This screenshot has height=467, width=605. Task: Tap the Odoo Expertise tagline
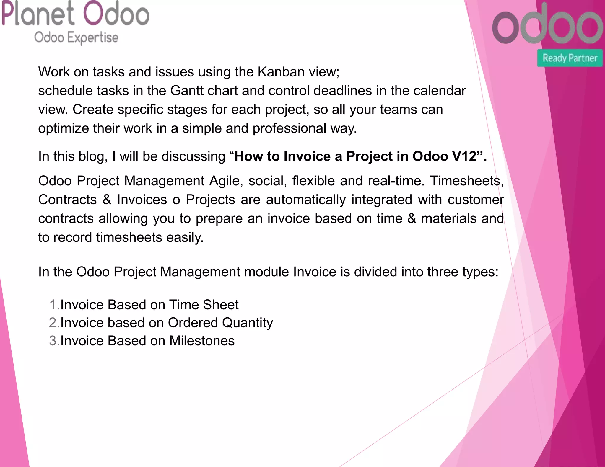(x=76, y=38)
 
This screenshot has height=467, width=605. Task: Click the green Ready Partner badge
(x=570, y=58)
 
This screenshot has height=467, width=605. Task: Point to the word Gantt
(x=189, y=91)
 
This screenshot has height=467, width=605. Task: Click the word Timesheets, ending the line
(x=467, y=181)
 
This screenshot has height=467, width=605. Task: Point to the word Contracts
(x=67, y=200)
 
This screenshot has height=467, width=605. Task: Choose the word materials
(x=449, y=218)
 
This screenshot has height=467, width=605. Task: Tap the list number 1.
(x=53, y=305)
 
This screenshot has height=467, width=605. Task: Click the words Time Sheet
(x=204, y=305)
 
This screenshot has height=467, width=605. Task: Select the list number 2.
(x=53, y=323)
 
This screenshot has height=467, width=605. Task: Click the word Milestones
(x=202, y=341)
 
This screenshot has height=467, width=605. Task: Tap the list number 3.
(x=53, y=341)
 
